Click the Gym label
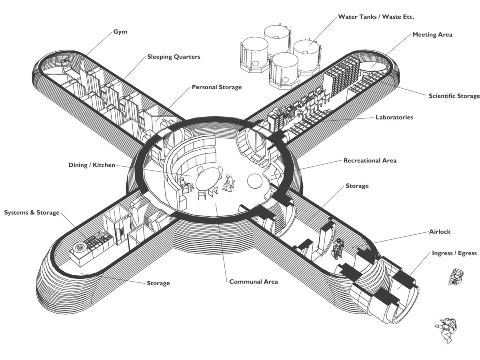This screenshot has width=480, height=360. point(120,32)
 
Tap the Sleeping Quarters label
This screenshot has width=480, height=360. point(174,57)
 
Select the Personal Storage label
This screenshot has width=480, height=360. point(216,87)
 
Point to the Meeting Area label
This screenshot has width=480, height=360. point(432,35)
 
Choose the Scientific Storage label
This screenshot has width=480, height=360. point(454,96)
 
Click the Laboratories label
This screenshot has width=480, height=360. point(394,117)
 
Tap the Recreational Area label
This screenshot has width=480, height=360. point(370,160)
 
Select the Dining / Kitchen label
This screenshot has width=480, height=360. point(92,165)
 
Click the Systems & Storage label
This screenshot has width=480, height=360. point(32,212)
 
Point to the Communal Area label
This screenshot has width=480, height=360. point(254,282)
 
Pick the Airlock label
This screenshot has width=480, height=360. point(440,232)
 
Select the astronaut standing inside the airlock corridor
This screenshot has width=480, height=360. point(338,248)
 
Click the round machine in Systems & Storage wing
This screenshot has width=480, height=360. point(80,248)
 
